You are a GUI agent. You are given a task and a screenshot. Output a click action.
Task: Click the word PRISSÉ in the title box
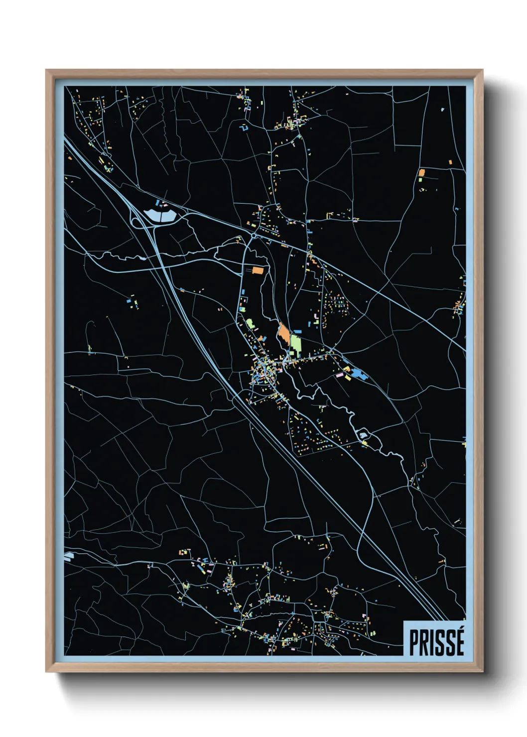coord(436,642)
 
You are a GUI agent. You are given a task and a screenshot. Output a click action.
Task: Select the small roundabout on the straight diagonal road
coord(254,235)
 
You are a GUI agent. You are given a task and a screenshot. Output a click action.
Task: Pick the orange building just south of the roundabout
coord(258,270)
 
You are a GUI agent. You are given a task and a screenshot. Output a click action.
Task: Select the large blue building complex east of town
coord(358,373)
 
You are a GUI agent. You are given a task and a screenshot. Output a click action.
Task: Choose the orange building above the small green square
coord(421,172)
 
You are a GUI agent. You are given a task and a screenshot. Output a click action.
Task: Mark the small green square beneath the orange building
coord(421,179)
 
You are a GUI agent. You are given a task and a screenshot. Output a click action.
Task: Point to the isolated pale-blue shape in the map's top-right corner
coord(442,109)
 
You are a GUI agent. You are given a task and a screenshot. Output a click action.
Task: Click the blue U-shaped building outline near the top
coord(244,128)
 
